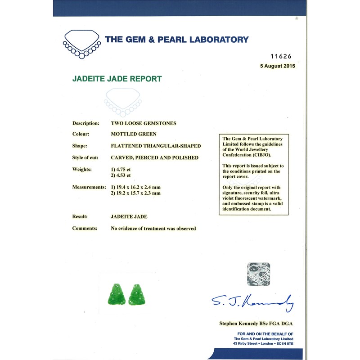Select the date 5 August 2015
pos(277,66)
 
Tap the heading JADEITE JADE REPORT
pos(117,79)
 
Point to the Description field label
pos(85,123)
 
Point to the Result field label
pos(80,216)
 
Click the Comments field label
pos(85,228)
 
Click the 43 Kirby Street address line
pos(263,344)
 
